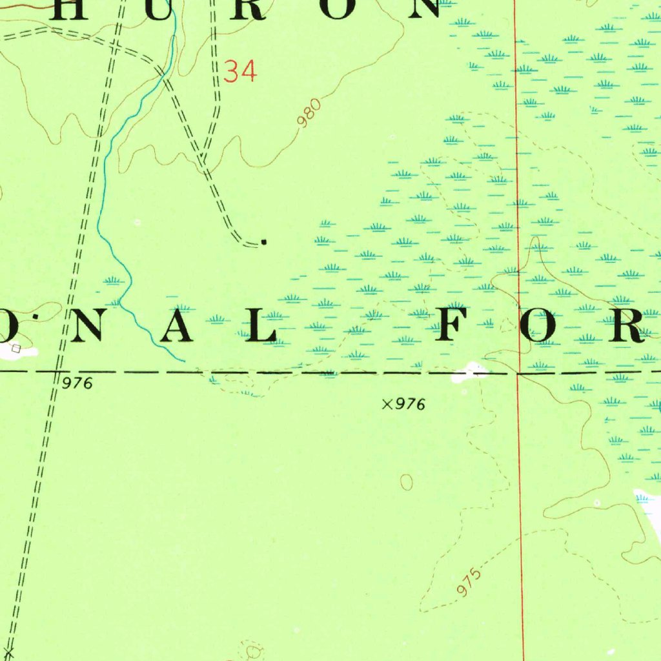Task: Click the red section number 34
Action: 240,71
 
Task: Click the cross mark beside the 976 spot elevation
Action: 387,404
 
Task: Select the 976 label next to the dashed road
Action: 79,383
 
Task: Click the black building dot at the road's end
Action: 263,242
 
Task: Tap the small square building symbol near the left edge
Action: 16,349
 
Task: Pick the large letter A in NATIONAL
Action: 176,326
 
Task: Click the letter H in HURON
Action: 80,8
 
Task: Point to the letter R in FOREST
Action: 625,326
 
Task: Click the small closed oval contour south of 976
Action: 407,482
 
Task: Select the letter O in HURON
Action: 335,8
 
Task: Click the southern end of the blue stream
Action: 184,360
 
